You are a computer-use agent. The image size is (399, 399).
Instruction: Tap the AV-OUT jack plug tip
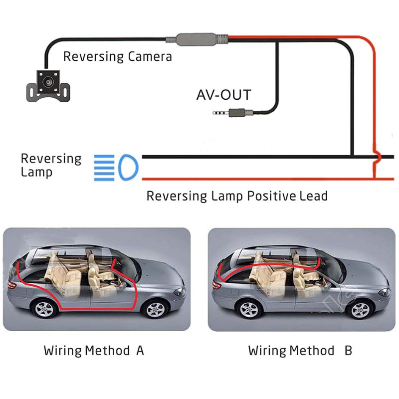[x=213, y=113]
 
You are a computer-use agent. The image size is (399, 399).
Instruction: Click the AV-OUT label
[x=224, y=94]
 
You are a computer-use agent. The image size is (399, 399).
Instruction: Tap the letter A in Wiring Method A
[x=140, y=350]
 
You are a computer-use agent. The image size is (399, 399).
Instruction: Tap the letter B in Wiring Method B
[x=348, y=350]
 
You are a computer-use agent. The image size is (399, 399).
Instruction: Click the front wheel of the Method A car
[x=153, y=309]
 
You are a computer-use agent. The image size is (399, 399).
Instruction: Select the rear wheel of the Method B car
[x=250, y=308]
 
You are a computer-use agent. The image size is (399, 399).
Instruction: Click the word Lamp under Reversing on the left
[x=36, y=173]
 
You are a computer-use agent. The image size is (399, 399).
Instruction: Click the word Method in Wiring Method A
[x=107, y=350]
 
